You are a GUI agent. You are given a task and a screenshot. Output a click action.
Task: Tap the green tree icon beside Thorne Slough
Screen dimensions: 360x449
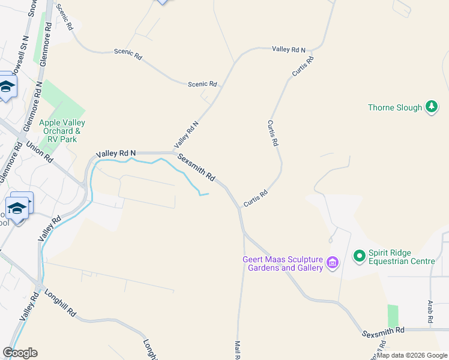click(431, 107)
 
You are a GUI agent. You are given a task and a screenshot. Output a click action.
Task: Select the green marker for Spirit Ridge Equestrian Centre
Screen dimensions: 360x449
click(360, 256)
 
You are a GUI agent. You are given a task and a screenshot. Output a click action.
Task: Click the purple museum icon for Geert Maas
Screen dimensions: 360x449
click(332, 262)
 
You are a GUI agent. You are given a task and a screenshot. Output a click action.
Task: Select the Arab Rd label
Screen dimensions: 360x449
click(430, 313)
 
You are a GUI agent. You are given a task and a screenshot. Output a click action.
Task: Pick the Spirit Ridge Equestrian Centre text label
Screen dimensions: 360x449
click(400, 257)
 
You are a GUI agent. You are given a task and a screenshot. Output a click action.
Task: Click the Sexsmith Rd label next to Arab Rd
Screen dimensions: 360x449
click(384, 331)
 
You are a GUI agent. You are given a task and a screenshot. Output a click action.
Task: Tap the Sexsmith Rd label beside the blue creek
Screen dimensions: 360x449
click(196, 167)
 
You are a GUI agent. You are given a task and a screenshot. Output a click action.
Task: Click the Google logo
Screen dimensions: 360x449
click(20, 353)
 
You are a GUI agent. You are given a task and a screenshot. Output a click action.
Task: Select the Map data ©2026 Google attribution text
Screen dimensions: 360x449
click(412, 355)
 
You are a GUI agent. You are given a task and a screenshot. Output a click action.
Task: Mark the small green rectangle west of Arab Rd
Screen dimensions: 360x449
click(393, 316)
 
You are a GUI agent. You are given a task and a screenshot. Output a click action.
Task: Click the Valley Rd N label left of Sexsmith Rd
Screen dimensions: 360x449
click(119, 154)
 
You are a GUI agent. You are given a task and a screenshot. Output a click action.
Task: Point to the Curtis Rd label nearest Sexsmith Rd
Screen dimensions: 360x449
click(255, 198)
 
